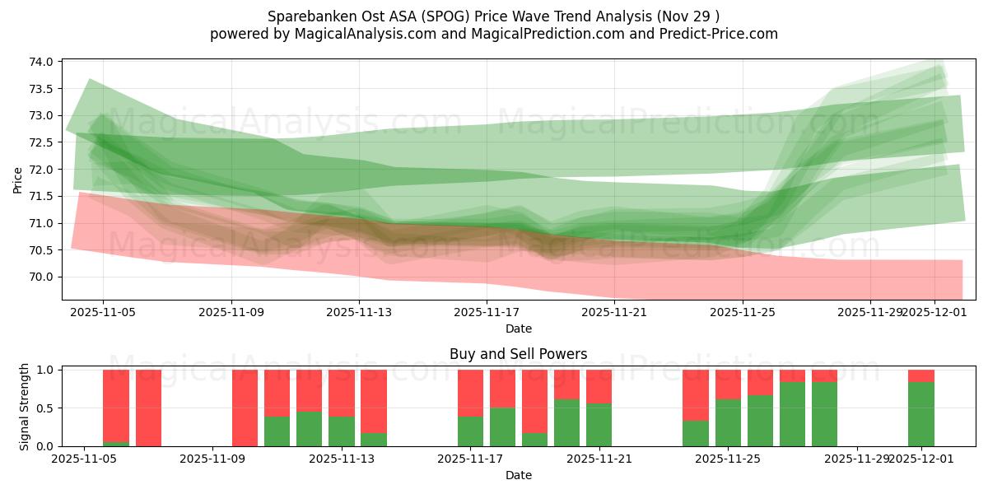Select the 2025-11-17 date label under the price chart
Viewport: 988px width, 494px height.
pos(487,312)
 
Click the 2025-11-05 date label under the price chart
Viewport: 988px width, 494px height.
pos(103,312)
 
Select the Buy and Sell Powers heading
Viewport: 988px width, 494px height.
pos(518,354)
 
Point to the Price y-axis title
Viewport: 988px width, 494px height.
pos(18,180)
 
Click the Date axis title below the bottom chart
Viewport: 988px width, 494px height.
pos(518,475)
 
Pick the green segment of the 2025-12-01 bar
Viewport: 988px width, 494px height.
pos(921,414)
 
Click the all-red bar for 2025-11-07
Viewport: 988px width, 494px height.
pos(148,408)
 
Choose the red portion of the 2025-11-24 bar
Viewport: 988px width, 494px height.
pos(696,395)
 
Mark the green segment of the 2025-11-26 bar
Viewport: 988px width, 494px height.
pos(760,421)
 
